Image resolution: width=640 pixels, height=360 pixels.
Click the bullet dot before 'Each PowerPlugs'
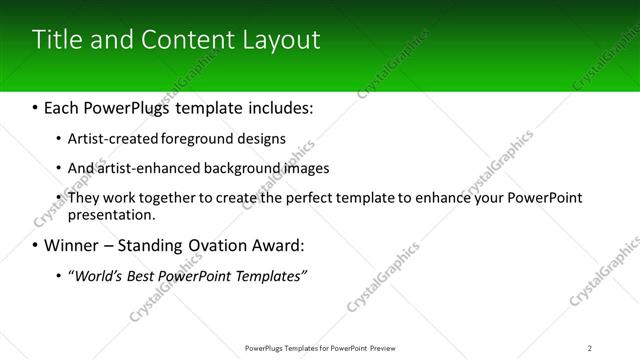pyautogui.click(x=36, y=107)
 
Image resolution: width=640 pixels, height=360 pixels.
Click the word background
pyautogui.click(x=242, y=168)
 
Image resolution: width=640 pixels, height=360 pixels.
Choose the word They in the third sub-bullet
pyautogui.click(x=84, y=198)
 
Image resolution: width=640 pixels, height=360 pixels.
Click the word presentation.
pyautogui.click(x=111, y=214)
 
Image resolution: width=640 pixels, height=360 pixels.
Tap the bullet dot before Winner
pyautogui.click(x=36, y=245)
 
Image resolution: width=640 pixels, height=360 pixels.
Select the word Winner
pyautogui.click(x=72, y=245)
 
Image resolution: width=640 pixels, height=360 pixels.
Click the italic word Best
pyautogui.click(x=143, y=275)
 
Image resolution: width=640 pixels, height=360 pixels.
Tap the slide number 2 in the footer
pyautogui.click(x=590, y=348)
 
